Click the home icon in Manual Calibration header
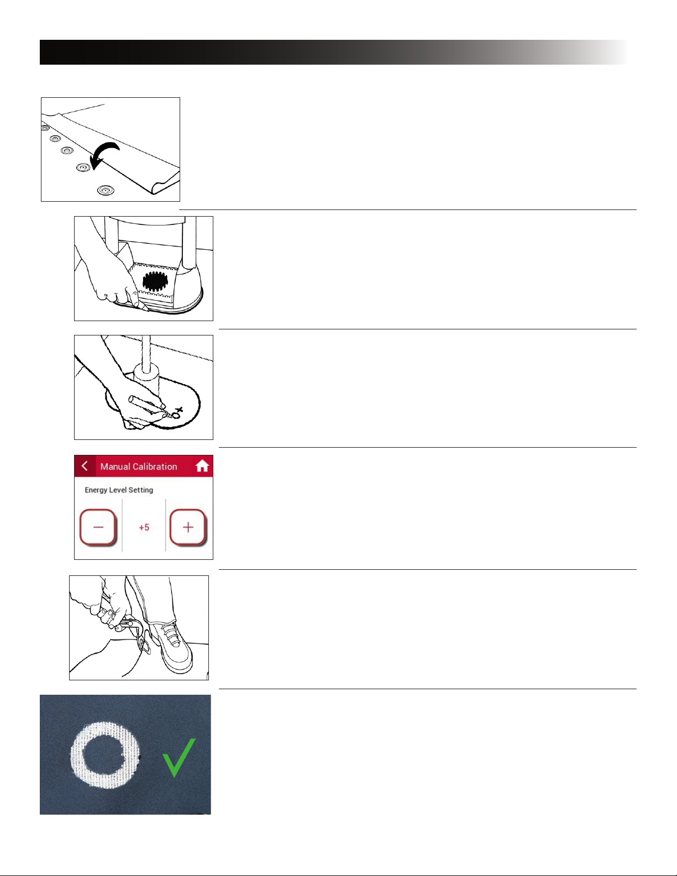(x=202, y=466)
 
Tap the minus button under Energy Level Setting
(x=98, y=527)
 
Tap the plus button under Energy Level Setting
(x=188, y=527)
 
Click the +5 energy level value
(x=144, y=527)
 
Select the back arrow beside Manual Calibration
(x=85, y=466)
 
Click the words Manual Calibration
(x=139, y=466)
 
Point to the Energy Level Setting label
(x=119, y=490)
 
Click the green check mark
(x=179, y=757)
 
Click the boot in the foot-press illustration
(x=174, y=649)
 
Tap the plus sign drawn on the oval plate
(x=179, y=410)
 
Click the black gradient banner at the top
(x=334, y=52)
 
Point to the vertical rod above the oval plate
(x=146, y=351)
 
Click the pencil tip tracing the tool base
(x=145, y=309)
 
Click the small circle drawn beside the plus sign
(x=176, y=415)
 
